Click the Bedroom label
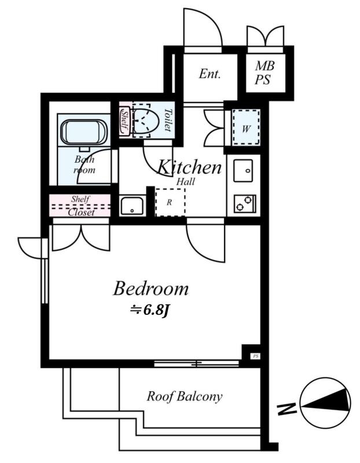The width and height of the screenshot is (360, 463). click(x=151, y=289)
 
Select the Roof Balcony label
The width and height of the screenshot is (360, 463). click(x=185, y=396)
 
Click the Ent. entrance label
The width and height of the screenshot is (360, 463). click(x=210, y=74)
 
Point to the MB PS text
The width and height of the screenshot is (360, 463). click(x=265, y=73)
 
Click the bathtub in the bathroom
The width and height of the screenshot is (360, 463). click(x=84, y=133)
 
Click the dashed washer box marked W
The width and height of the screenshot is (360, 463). click(x=247, y=127)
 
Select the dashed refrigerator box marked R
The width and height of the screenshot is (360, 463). click(x=170, y=202)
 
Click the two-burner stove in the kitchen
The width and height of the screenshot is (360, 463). click(x=245, y=204)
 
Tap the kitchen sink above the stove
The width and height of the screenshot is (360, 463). click(x=243, y=171)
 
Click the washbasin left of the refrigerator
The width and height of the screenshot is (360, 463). click(x=132, y=205)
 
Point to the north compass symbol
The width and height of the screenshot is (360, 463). click(x=325, y=403)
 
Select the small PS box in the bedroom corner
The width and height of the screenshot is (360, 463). click(x=256, y=357)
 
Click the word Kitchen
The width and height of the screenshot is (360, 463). click(x=189, y=167)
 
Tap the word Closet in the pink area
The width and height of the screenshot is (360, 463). click(x=81, y=212)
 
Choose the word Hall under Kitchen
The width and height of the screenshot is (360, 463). click(x=185, y=181)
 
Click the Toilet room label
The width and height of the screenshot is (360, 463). click(x=167, y=120)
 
